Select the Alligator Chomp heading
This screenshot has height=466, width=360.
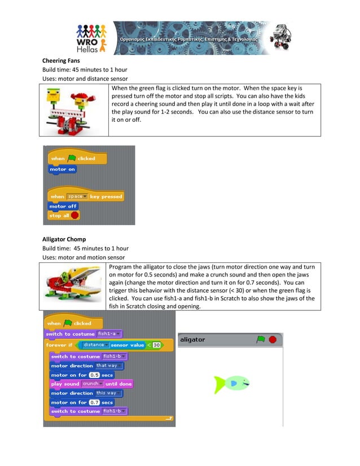pyautogui.click(x=64, y=239)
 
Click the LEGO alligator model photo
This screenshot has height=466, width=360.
pyautogui.click(x=74, y=285)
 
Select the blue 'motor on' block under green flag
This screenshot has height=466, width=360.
pyautogui.click(x=63, y=169)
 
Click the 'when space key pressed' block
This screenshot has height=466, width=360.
pyautogui.click(x=86, y=196)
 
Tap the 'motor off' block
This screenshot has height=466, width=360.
pyautogui.click(x=63, y=206)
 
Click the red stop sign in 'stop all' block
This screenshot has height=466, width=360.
pyautogui.click(x=74, y=216)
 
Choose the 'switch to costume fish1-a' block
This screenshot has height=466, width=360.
pyautogui.click(x=84, y=334)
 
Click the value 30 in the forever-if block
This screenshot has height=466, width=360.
pyautogui.click(x=156, y=345)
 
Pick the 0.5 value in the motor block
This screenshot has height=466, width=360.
pyautogui.click(x=94, y=375)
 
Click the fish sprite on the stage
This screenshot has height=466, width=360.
pyautogui.click(x=231, y=384)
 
